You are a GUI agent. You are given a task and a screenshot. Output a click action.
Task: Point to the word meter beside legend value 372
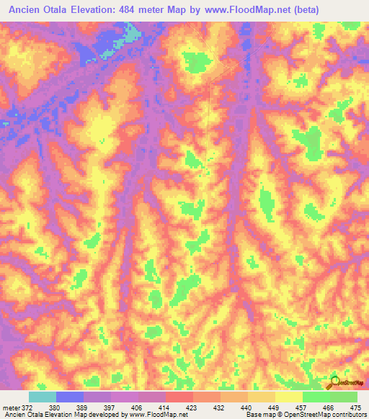9,407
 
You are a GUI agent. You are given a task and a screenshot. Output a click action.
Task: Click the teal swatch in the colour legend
43,397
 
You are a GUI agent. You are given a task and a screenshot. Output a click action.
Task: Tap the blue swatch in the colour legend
70,397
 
